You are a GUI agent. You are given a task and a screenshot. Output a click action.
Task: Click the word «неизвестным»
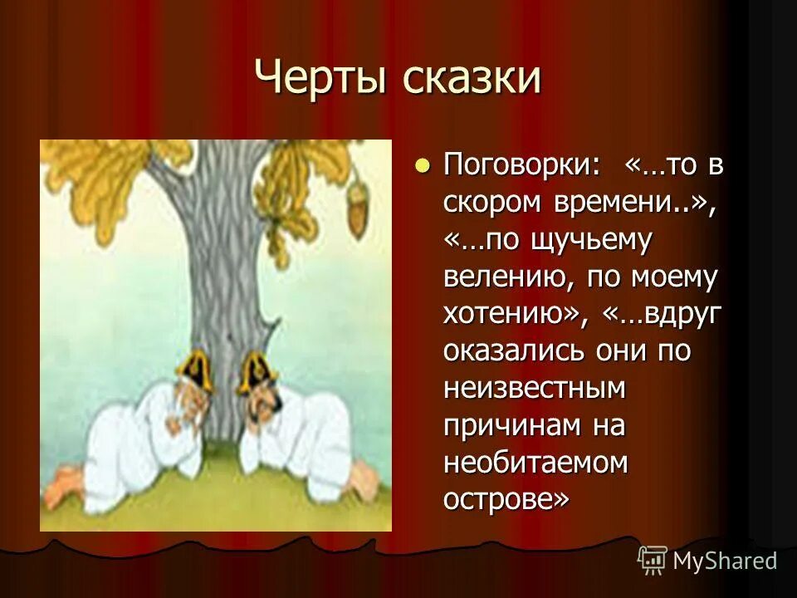coord(535,388)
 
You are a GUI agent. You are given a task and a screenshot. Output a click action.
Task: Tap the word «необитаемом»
coord(535,463)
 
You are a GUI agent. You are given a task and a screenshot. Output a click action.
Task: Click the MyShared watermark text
coord(725,561)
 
